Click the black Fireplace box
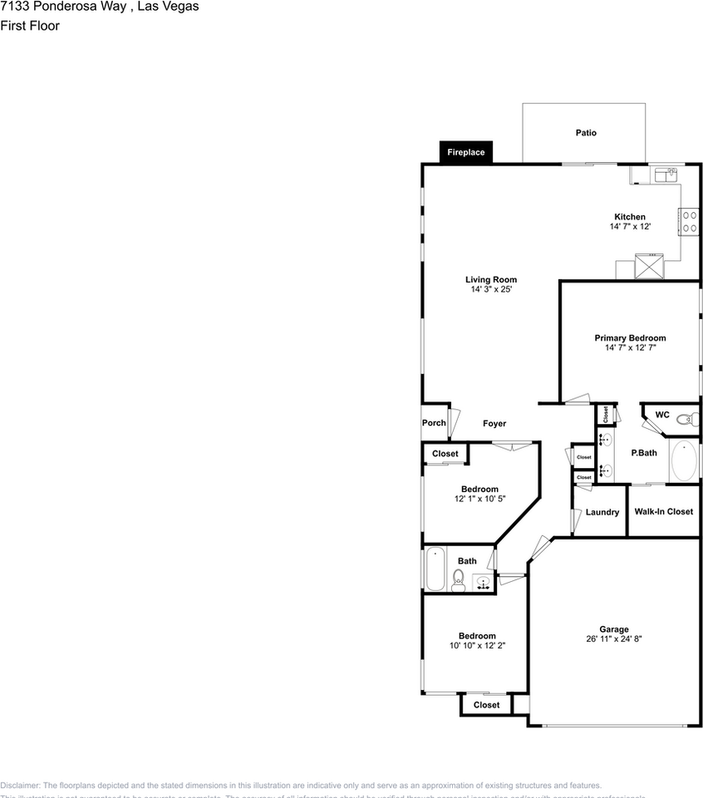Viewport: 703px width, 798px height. pyautogui.click(x=466, y=152)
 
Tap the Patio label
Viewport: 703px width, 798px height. pyautogui.click(x=586, y=132)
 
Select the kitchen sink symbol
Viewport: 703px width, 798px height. pyautogui.click(x=666, y=174)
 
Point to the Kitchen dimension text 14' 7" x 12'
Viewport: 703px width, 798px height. pyautogui.click(x=630, y=226)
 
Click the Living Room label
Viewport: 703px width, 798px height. pyautogui.click(x=491, y=280)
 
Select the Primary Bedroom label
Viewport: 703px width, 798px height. pyautogui.click(x=630, y=338)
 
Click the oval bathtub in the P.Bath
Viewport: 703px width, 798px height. pyautogui.click(x=684, y=461)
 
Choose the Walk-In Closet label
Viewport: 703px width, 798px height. pyautogui.click(x=664, y=511)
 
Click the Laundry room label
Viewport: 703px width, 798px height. pyautogui.click(x=602, y=512)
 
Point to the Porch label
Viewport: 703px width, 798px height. pyautogui.click(x=434, y=423)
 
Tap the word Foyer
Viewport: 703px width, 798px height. pyautogui.click(x=494, y=424)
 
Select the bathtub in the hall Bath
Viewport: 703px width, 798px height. pyautogui.click(x=435, y=569)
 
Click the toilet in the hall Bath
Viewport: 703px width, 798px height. pyautogui.click(x=458, y=579)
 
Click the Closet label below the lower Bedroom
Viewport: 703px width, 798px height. pyautogui.click(x=487, y=705)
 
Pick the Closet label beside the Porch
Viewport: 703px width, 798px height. pyautogui.click(x=445, y=454)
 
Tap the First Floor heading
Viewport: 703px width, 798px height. pyautogui.click(x=30, y=26)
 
